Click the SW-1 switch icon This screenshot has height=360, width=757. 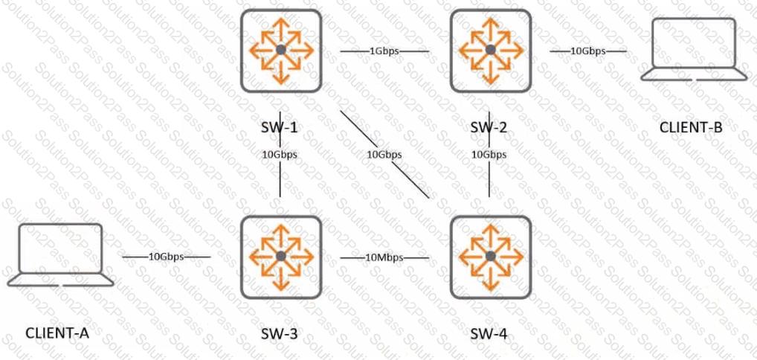281,51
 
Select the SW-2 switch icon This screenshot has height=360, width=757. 491,51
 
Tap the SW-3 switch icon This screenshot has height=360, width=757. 281,257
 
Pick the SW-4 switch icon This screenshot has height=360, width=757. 491,257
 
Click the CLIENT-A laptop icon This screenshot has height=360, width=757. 60,255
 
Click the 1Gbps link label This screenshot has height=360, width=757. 384,51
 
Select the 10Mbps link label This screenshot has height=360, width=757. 384,257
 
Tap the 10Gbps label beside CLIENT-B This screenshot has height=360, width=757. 588,51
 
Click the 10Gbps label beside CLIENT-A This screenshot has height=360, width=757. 167,257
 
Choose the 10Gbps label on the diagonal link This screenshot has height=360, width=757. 384,155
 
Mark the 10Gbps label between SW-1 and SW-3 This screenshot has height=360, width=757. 280,155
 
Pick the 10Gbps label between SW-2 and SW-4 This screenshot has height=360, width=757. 489,155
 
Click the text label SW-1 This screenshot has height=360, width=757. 280,128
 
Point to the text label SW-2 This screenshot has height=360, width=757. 490,128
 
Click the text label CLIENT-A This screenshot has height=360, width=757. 57,333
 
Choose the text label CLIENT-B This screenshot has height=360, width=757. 691,128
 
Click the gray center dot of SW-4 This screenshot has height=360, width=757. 491,257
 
